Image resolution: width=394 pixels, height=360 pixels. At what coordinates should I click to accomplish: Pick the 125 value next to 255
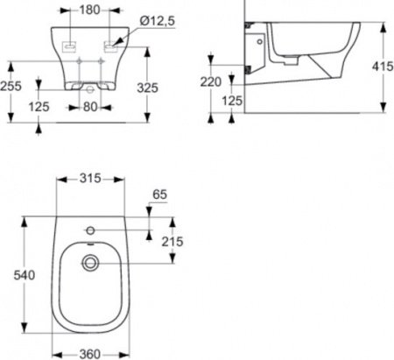click(39, 108)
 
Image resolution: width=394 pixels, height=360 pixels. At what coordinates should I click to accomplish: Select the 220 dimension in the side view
click(210, 81)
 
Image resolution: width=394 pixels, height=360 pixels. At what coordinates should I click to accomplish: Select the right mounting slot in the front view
click(113, 43)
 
